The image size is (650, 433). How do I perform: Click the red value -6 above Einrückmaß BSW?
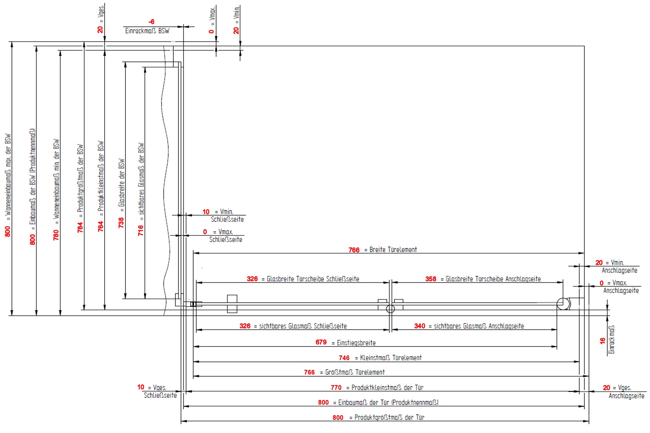(151, 22)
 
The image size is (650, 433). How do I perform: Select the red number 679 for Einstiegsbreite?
(321, 342)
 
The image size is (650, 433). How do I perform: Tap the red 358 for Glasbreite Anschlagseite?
(431, 279)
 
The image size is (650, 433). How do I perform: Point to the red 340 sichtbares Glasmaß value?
(419, 326)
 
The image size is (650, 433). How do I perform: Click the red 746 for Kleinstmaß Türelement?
(344, 358)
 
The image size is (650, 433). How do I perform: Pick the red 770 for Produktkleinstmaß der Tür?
(336, 387)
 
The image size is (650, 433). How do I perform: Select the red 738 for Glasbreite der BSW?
(121, 222)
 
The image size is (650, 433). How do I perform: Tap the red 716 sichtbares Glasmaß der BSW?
(141, 230)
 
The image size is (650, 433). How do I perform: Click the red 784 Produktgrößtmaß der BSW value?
(80, 227)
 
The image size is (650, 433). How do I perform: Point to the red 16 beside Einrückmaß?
(603, 341)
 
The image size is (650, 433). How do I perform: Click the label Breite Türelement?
(393, 250)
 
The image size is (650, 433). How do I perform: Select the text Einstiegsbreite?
(356, 343)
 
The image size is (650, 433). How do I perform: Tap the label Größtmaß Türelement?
(355, 372)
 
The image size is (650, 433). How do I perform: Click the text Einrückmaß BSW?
(147, 31)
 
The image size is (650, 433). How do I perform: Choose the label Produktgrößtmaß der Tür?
(389, 417)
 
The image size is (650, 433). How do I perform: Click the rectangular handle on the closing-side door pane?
(232, 304)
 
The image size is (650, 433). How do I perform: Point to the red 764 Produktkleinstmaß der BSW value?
(100, 226)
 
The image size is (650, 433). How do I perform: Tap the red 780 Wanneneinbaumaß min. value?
(56, 235)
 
